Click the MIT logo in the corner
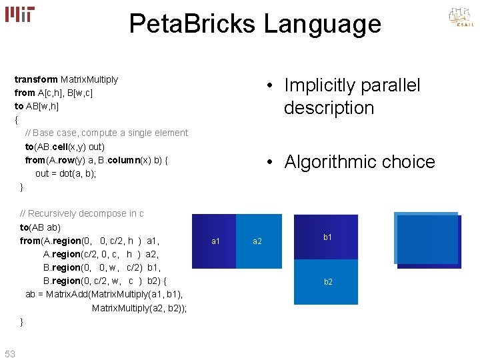point(20,15)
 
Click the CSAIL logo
point(460,17)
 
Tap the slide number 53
point(10,353)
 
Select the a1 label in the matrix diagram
point(215,241)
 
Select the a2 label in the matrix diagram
point(257,241)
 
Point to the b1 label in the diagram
point(327,237)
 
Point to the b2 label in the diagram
point(328,282)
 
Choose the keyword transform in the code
point(36,79)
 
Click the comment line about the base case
point(106,133)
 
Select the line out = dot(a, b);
point(66,173)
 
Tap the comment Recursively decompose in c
point(82,213)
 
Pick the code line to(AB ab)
point(40,227)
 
